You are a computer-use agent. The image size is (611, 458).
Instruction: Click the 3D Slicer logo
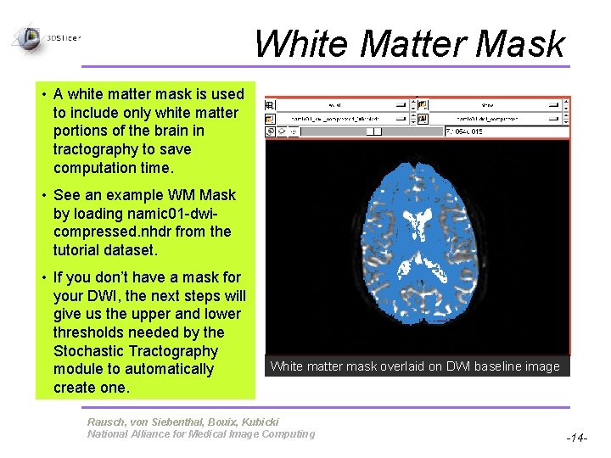31,37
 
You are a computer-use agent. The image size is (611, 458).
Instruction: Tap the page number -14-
577,438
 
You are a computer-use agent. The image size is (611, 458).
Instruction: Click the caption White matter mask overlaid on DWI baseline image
415,366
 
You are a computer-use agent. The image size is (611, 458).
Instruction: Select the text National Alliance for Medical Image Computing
200,434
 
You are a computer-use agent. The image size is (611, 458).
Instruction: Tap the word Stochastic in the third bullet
92,351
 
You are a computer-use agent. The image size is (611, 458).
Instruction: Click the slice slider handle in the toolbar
373,131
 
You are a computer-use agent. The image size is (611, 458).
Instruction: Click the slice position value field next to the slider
506,131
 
